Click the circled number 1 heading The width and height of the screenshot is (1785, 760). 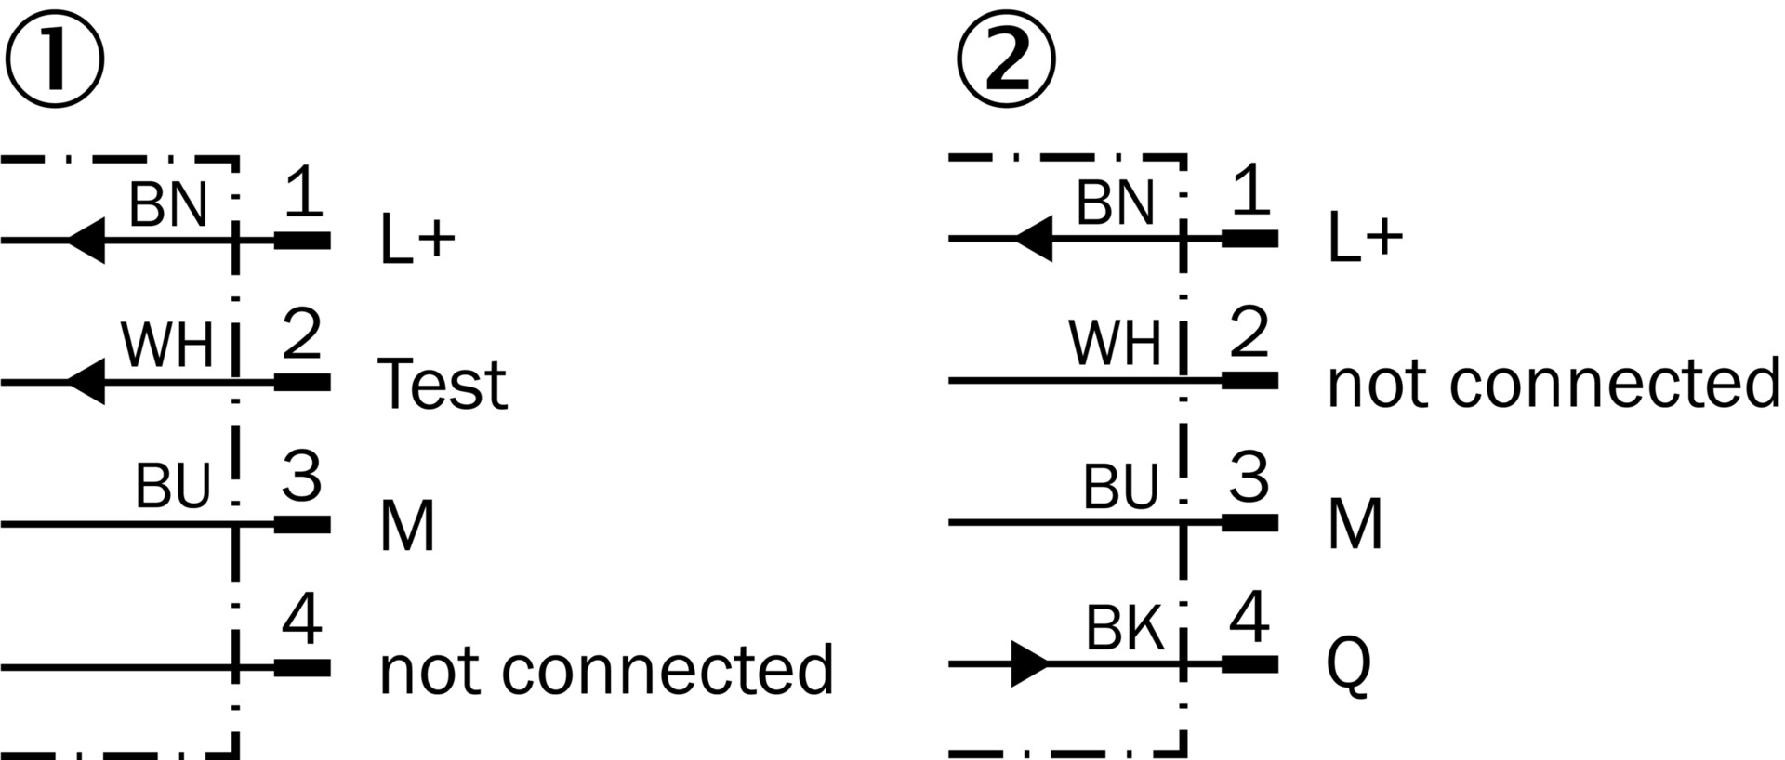54,60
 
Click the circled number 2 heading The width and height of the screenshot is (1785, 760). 1006,60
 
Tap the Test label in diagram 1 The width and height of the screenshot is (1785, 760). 443,384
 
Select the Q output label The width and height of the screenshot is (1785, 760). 1348,665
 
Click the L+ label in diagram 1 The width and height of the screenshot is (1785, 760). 417,239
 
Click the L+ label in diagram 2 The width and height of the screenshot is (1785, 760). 1365,238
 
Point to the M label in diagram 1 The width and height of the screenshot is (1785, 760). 407,526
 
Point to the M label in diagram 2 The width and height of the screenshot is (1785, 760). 1355,524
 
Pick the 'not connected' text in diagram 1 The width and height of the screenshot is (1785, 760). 606,669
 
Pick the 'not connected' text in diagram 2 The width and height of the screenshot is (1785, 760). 1553,383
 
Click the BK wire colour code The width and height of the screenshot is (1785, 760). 1124,629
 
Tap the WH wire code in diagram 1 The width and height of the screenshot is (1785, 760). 167,346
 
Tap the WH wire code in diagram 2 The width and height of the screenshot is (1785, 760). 1115,344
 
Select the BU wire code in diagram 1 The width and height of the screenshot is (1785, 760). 173,486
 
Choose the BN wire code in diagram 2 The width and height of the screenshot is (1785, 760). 1115,203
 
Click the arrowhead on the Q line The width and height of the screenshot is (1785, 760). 1028,664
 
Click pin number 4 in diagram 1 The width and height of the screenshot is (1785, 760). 302,621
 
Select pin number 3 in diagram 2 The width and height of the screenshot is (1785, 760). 1249,478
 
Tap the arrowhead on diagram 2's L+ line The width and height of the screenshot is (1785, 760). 1033,239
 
